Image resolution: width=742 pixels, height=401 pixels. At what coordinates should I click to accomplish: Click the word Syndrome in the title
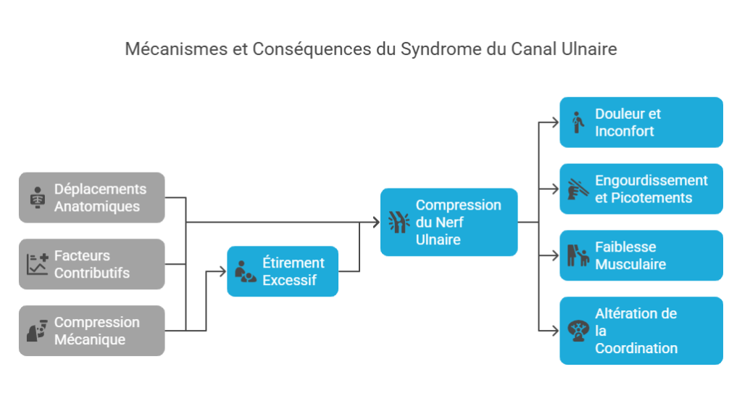click(x=433, y=49)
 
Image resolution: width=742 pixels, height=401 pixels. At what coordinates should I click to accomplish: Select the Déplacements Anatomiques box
click(x=92, y=197)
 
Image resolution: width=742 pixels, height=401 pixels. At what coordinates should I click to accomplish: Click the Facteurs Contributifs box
click(x=92, y=264)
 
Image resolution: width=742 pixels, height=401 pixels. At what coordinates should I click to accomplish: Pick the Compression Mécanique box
click(x=92, y=331)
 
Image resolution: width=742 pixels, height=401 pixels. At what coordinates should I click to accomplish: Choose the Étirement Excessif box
click(x=283, y=271)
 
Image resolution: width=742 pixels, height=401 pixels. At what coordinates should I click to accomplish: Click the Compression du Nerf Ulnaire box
click(x=449, y=222)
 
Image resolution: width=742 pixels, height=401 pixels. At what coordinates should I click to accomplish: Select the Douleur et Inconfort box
click(x=641, y=123)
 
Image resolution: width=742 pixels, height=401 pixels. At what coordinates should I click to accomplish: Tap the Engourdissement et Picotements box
click(x=641, y=189)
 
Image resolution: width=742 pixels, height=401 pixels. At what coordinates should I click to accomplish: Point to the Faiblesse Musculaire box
click(x=641, y=255)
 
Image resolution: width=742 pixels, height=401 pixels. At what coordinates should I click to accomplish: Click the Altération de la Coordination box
click(x=641, y=331)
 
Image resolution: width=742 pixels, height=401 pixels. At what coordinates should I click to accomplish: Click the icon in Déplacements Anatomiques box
click(x=36, y=198)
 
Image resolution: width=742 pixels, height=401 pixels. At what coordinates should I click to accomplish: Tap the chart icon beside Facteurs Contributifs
click(x=37, y=264)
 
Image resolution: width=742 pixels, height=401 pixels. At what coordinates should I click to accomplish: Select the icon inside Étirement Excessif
click(x=245, y=272)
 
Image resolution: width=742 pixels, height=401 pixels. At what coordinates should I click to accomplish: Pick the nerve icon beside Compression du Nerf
click(x=399, y=222)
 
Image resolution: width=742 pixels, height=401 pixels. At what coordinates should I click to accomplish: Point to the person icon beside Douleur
click(x=578, y=123)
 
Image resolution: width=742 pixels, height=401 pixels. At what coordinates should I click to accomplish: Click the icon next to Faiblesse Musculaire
click(x=578, y=256)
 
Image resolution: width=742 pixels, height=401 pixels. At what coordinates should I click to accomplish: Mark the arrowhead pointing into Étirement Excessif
click(x=223, y=272)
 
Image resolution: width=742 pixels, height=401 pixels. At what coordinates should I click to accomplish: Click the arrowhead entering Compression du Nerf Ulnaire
click(x=376, y=222)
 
